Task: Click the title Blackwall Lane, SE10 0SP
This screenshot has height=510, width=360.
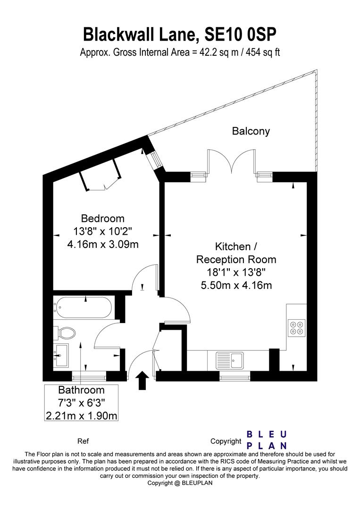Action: (x=180, y=34)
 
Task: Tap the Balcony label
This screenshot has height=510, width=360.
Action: (x=251, y=131)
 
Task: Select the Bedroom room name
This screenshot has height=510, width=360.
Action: (x=103, y=218)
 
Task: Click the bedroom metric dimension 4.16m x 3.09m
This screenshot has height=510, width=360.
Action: (x=103, y=245)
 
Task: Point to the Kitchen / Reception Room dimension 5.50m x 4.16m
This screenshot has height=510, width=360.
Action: (x=236, y=285)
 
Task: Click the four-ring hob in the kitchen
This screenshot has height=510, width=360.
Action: (x=297, y=328)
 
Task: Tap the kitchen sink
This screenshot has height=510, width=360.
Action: (x=230, y=361)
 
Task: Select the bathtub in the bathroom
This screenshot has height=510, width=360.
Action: (x=83, y=308)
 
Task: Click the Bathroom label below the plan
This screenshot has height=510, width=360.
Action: (x=81, y=390)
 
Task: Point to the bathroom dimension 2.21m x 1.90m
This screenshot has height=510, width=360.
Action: (x=81, y=416)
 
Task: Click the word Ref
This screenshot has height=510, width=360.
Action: (x=83, y=442)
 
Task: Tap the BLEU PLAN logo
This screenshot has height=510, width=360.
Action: (x=267, y=440)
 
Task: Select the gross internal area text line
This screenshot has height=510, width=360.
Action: (x=180, y=52)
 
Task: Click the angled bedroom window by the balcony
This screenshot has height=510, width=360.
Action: (x=154, y=161)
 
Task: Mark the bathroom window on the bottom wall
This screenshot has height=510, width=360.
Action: (x=89, y=376)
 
